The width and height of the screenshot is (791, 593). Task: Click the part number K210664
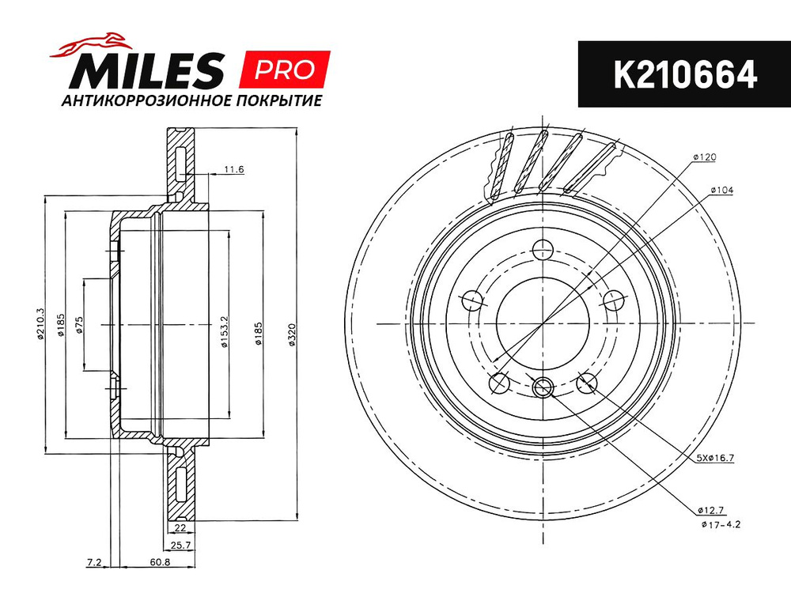coord(685,74)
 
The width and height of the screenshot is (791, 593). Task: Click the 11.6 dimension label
coord(234,169)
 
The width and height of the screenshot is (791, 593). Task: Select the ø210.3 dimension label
coord(41,323)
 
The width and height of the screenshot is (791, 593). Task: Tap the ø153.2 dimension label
coord(225,332)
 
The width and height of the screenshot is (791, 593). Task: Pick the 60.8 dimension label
coord(160,561)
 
